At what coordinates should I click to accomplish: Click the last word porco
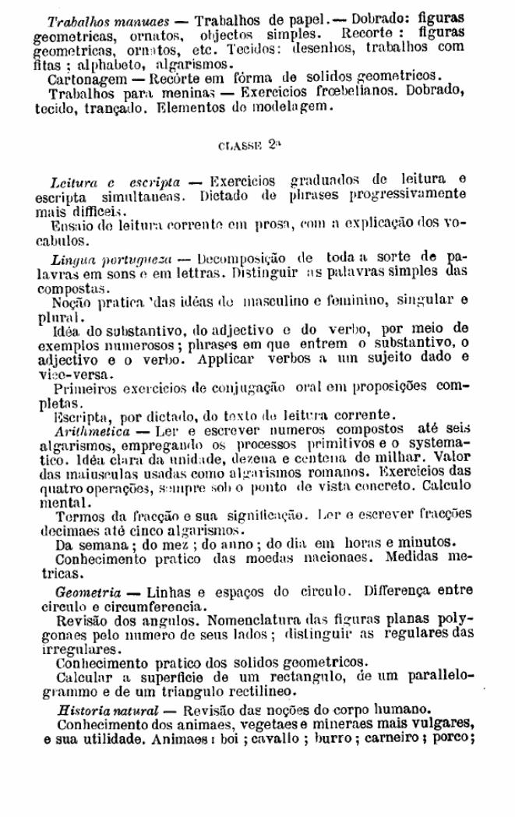click(455, 737)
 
